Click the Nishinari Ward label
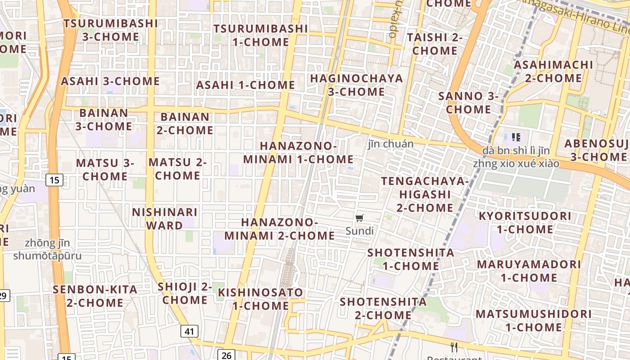point(164,219)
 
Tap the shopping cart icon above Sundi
point(359,219)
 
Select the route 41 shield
point(189,332)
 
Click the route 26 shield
point(226,355)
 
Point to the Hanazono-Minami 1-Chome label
point(298,153)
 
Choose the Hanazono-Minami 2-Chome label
point(279,229)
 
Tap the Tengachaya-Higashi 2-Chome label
point(425,194)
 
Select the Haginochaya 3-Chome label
point(356,85)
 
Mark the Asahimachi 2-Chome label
point(553,72)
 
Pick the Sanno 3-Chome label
point(468,103)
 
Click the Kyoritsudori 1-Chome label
point(525,223)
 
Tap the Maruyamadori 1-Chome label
point(529,271)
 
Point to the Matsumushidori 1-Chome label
point(533,320)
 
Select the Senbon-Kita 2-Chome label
point(95,296)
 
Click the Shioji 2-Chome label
point(184,293)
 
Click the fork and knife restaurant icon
point(454,347)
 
